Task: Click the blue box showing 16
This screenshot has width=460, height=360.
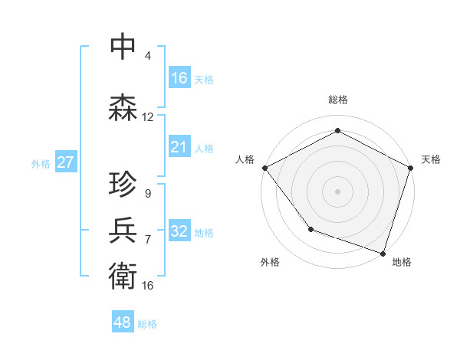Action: point(179,78)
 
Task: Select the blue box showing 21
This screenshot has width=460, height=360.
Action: point(179,147)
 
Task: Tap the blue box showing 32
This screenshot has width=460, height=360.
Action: point(179,231)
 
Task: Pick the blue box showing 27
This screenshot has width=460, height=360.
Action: point(65,162)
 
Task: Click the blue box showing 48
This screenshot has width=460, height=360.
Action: point(123,322)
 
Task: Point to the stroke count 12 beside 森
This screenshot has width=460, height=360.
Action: point(148,117)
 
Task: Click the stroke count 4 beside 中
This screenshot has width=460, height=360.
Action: point(148,56)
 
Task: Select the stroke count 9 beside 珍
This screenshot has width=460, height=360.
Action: point(148,194)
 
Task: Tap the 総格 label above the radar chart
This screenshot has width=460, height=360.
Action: point(338,100)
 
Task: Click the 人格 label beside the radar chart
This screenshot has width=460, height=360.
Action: point(245,159)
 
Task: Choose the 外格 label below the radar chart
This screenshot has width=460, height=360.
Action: point(270,262)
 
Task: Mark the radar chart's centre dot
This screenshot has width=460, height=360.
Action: point(338,191)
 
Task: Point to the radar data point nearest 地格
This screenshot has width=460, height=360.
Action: point(383,253)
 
